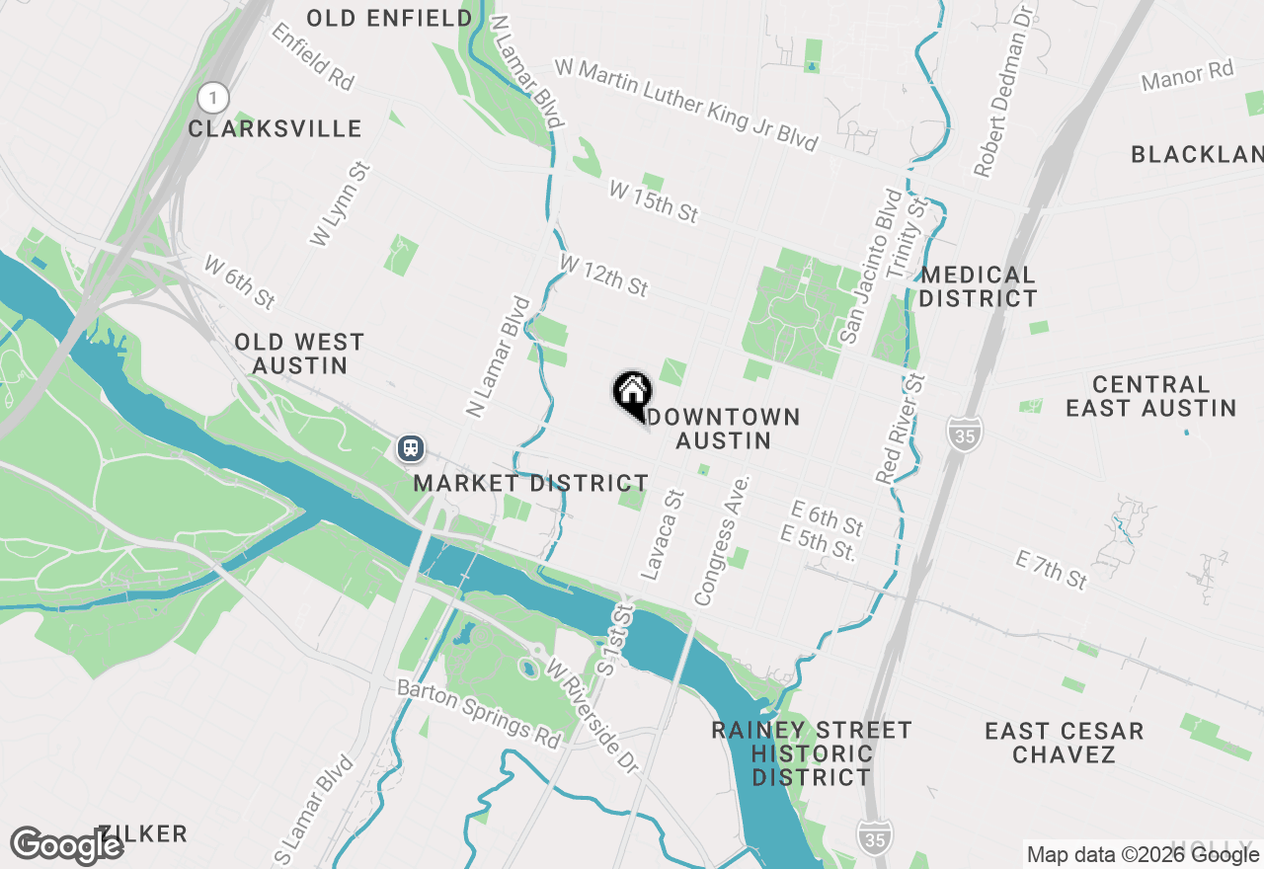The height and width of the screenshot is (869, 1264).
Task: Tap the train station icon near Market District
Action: coord(411,448)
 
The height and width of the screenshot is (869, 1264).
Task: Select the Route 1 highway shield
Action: coord(212,98)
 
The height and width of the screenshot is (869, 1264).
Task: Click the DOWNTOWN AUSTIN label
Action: coord(724,429)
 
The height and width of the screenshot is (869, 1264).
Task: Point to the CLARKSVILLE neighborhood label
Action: coord(275,129)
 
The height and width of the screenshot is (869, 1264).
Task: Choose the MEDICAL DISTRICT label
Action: coord(978,286)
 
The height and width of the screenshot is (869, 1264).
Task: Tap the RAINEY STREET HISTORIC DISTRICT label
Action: coord(812,753)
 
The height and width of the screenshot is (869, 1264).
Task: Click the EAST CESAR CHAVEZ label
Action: coord(1064,743)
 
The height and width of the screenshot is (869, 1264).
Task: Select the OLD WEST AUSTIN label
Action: coord(299,354)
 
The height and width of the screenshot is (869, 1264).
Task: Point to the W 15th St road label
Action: coord(653,201)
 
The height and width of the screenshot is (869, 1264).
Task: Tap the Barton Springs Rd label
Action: coord(479,712)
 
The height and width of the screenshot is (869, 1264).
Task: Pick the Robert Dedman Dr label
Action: coord(1002,91)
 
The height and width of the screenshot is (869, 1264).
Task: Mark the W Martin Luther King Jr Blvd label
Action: coord(686,105)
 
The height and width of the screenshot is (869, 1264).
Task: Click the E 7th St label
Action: coord(1051,571)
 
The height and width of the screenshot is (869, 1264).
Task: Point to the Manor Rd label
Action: coord(1187,75)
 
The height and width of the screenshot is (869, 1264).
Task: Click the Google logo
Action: coord(66,845)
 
